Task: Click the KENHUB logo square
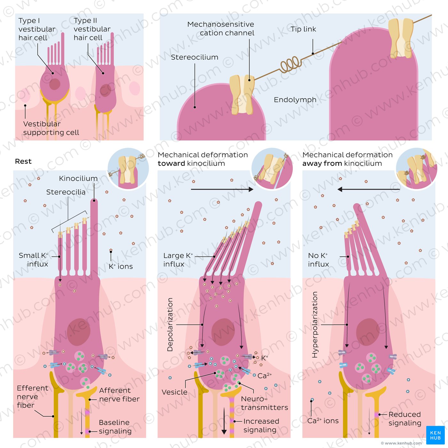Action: click(x=435, y=435)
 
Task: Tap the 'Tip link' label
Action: click(x=303, y=29)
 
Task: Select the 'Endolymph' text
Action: click(x=295, y=100)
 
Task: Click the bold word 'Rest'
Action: click(x=23, y=161)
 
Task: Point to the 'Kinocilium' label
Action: click(x=78, y=178)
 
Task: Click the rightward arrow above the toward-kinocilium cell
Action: click(x=222, y=189)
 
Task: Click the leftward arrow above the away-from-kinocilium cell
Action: click(x=369, y=189)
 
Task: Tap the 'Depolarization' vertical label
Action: click(x=170, y=324)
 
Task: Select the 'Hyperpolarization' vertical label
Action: click(x=315, y=324)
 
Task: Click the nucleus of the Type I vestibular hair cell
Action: click(x=55, y=84)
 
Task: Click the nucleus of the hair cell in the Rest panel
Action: click(x=79, y=332)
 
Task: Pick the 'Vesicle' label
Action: click(x=174, y=392)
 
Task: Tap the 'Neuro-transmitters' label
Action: click(x=264, y=403)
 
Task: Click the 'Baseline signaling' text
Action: click(x=115, y=427)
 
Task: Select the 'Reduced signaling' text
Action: click(x=405, y=419)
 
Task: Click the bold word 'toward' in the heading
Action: click(x=171, y=164)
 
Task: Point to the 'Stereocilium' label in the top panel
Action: click(x=195, y=57)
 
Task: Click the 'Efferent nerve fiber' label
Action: click(x=33, y=396)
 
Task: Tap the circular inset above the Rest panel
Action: click(x=128, y=168)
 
